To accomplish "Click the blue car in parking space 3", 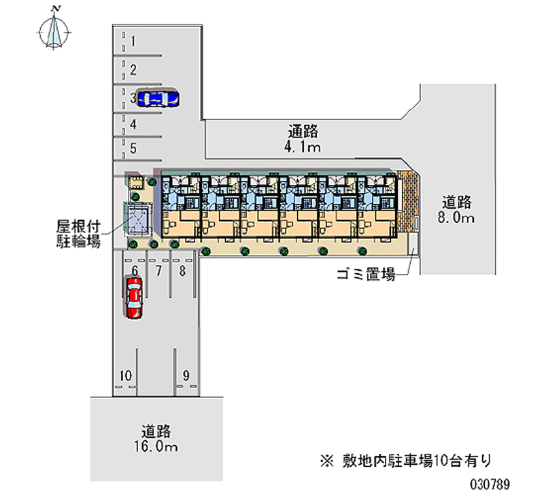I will point(158,99).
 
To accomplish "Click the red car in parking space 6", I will point(134,297).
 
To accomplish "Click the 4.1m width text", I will point(303,147).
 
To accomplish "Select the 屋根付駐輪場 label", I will point(78,231).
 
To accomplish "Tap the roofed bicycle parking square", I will point(139,217).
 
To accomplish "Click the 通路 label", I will point(303,131).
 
